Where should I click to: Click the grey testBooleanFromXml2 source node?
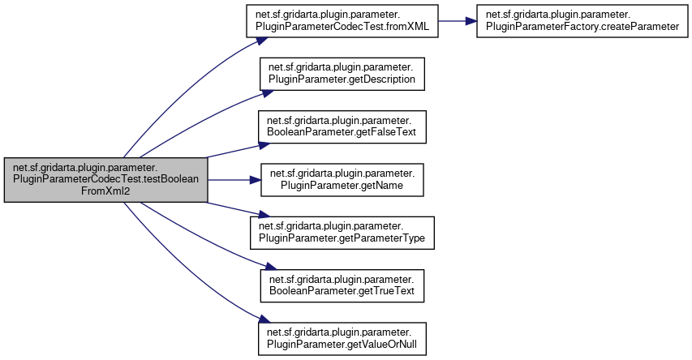(105, 180)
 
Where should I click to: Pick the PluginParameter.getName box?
(342, 180)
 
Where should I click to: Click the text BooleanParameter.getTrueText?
(342, 291)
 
